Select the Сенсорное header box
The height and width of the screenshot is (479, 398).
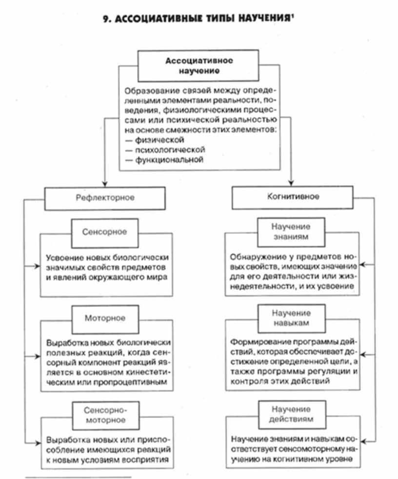(x=105, y=232)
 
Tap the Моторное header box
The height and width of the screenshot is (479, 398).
(x=105, y=318)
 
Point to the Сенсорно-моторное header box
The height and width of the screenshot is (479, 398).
(x=105, y=414)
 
